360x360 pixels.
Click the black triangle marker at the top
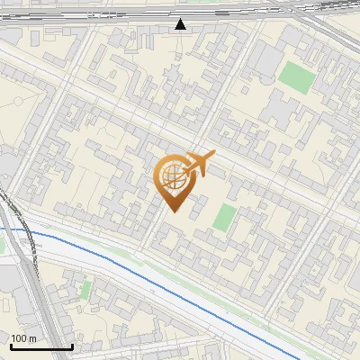coord(182,24)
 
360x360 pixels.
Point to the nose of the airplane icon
coord(212,156)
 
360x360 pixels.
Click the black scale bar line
coord(41,346)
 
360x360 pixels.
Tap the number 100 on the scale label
coord(20,338)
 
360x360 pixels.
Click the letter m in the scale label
coord(32,338)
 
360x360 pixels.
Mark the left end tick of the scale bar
coord(11,345)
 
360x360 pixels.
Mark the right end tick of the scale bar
coord(72,345)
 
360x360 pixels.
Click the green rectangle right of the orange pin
coord(225,217)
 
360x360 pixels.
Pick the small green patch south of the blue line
coord(86,289)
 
